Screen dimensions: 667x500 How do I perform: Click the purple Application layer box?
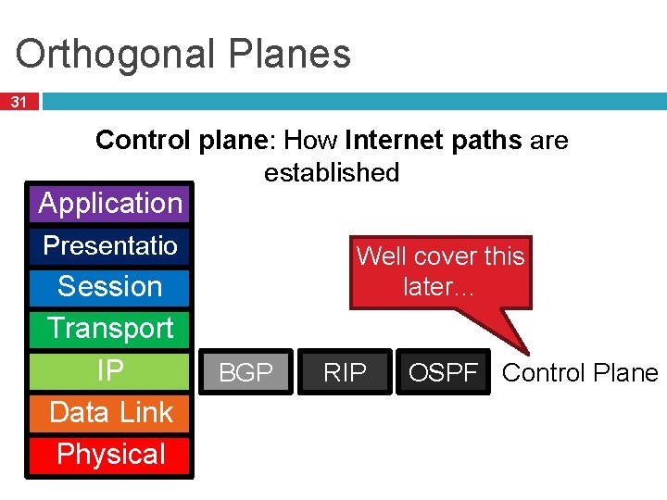[x=110, y=203]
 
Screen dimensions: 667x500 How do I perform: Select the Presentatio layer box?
[x=110, y=245]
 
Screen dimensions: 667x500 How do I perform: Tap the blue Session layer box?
[x=110, y=287]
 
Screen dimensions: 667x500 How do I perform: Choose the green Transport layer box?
[x=110, y=329]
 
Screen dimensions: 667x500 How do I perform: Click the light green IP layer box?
[x=110, y=370]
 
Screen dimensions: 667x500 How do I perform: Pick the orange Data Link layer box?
[x=110, y=412]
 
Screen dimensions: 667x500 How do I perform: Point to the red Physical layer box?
[x=110, y=455]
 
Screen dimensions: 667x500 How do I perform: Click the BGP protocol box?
[x=245, y=372]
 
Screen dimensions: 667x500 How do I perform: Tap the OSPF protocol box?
[x=444, y=372]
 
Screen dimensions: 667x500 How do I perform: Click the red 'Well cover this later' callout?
[x=440, y=271]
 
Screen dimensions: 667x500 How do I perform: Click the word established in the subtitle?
[x=332, y=172]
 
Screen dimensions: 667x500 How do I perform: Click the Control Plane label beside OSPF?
[x=580, y=372]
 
